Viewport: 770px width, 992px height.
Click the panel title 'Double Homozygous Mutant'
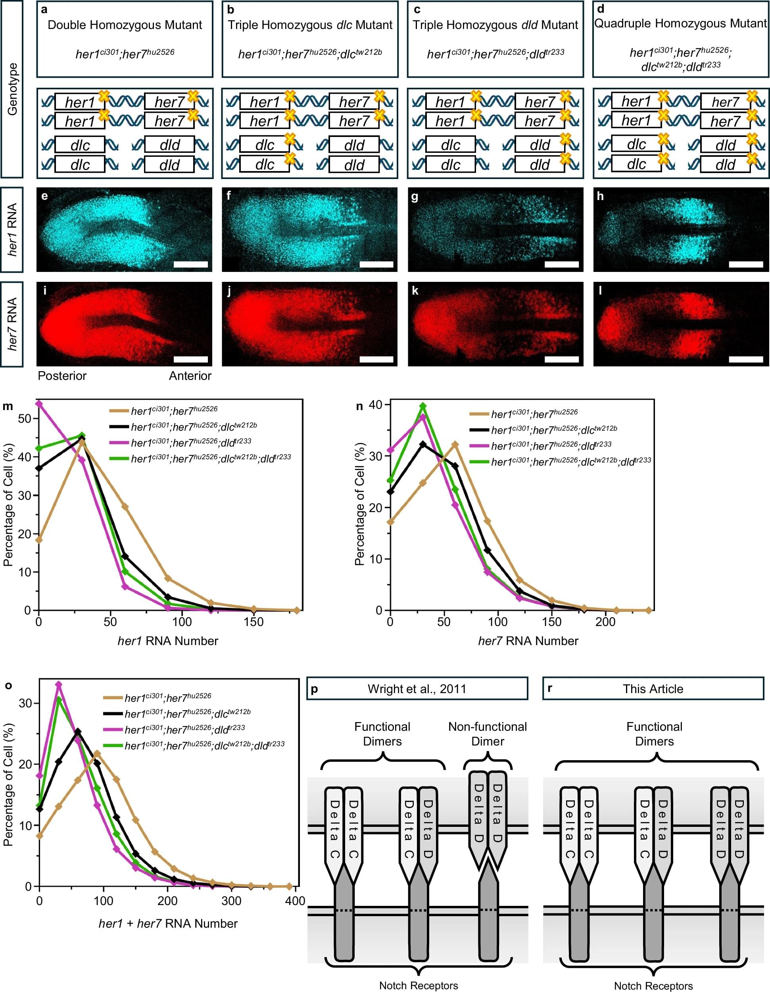tap(125, 25)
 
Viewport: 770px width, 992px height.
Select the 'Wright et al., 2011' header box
tap(417, 689)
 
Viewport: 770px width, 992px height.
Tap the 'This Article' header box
tap(653, 689)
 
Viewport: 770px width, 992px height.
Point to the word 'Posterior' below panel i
tap(62, 376)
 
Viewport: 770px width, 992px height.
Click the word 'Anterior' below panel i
tap(190, 376)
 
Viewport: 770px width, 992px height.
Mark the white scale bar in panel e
tap(191, 264)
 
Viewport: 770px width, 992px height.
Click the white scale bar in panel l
tap(746, 359)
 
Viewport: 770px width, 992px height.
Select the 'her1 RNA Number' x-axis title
tap(168, 641)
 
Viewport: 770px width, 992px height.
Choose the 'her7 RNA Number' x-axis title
tap(528, 641)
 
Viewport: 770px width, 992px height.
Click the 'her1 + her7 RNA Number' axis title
tap(168, 923)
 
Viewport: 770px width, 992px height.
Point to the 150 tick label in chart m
tap(253, 622)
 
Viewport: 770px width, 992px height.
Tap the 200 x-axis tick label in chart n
tap(605, 622)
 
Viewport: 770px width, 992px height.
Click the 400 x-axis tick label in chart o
tap(295, 901)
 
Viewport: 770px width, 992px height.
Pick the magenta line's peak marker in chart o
tap(58, 684)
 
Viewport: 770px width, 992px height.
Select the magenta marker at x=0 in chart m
tap(39, 403)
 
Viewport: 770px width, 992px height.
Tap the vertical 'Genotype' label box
tap(12, 89)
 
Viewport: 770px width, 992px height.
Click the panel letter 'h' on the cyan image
tap(601, 196)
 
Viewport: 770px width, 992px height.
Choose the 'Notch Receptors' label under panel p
tap(418, 985)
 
